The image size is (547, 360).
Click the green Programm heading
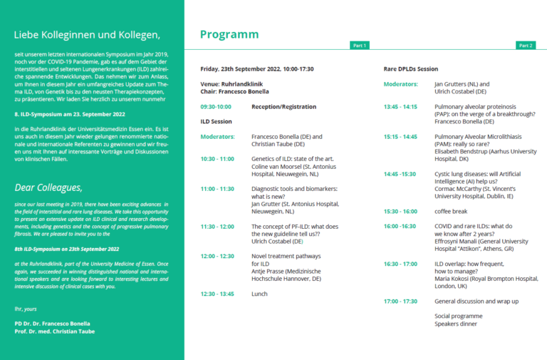coord(229,34)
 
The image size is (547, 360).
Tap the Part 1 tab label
coord(360,46)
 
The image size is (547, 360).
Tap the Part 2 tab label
coord(526,46)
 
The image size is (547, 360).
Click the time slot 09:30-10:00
coord(215,106)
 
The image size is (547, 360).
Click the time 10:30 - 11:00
coord(217,159)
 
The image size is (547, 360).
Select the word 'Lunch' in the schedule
coord(259,294)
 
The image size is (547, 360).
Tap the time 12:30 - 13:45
coord(217,294)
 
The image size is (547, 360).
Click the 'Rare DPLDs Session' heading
coord(411,69)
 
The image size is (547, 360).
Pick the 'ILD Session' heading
coord(217,121)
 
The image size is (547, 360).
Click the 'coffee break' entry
coord(451,211)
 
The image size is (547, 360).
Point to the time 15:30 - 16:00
coord(401,211)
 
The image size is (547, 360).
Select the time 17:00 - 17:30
coord(401,302)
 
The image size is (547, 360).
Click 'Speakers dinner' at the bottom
coord(455,324)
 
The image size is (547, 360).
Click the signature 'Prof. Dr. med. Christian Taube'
coord(55,331)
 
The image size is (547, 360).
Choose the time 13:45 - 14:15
coord(400,106)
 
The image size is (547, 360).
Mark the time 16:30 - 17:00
coord(401,264)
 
